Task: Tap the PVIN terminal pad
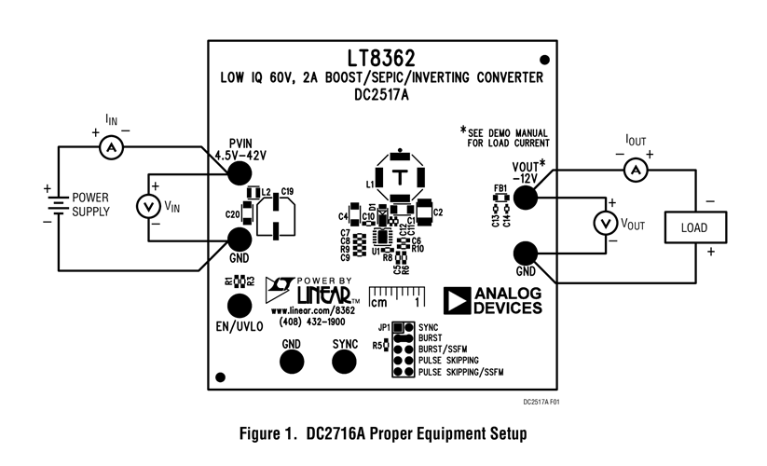pos(240,173)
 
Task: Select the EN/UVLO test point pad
pos(240,306)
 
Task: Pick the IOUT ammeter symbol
pos(635,169)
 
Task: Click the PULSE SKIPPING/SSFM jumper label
pos(461,372)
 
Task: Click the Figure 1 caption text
pos(383,433)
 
